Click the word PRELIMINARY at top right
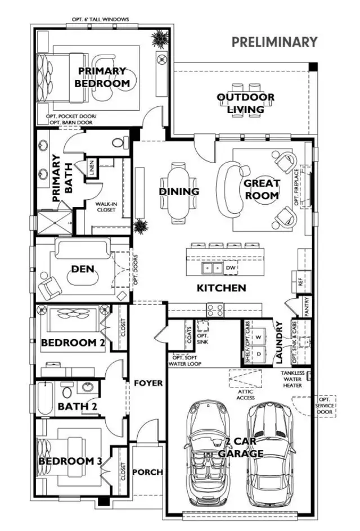coord(274,42)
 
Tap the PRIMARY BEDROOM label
coord(102,77)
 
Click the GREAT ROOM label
coord(262,190)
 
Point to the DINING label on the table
coord(179,192)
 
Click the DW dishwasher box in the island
coord(229,268)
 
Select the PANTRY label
coord(307,310)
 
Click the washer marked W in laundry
coord(259,337)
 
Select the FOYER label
coord(148,383)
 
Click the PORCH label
coord(147,471)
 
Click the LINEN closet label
coord(91,168)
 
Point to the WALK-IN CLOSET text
coord(105,206)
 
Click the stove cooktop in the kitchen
coord(215,309)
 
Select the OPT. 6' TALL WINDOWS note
coord(100,20)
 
